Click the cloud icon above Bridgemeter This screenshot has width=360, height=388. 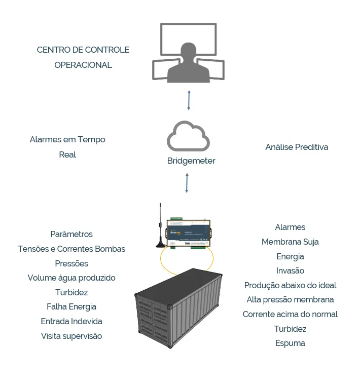(x=188, y=136)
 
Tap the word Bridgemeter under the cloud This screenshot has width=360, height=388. (x=191, y=161)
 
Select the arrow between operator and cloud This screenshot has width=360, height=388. (x=189, y=100)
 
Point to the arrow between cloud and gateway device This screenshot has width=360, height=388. (x=187, y=183)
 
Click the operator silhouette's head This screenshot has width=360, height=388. (x=188, y=51)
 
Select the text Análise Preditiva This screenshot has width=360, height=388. (x=297, y=147)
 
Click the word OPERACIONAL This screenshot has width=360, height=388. (x=83, y=65)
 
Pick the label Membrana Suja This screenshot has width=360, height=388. (x=290, y=242)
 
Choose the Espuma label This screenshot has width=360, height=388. (x=290, y=343)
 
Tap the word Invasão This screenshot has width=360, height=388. (x=290, y=271)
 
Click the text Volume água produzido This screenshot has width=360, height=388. (x=71, y=278)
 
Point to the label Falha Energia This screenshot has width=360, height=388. (x=71, y=307)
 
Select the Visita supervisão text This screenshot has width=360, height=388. (x=71, y=336)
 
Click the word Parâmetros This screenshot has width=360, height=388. (x=71, y=235)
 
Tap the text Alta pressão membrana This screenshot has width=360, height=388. (x=290, y=300)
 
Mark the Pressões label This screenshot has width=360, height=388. (x=71, y=264)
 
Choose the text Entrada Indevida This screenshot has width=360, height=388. (x=71, y=322)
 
